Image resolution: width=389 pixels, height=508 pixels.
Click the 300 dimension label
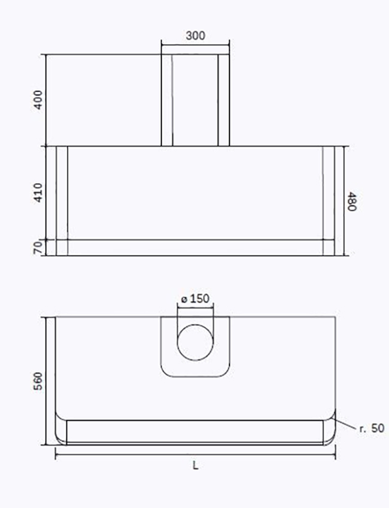(196, 35)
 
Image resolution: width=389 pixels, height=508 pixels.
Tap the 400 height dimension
(38, 100)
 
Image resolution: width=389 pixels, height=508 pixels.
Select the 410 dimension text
(38, 193)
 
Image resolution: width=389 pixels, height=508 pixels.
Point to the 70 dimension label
(38, 248)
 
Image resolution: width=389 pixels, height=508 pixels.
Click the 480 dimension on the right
(352, 202)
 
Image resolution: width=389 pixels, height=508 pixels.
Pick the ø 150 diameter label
(195, 299)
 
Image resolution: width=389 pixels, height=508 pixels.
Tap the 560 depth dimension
(38, 381)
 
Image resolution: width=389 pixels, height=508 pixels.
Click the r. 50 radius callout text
(372, 428)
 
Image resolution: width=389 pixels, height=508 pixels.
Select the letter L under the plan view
(195, 466)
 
